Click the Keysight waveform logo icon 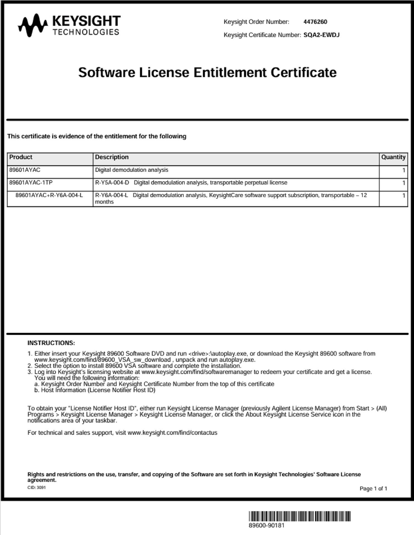coord(33,25)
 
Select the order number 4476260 coord(315,22)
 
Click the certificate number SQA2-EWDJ coord(321,35)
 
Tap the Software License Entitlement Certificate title coord(207,72)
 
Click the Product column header coord(21,157)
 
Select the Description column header coord(112,157)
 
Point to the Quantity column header coord(393,157)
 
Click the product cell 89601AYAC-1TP coord(31,183)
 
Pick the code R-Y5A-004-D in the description coord(112,183)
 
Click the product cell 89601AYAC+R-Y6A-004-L coord(49,195)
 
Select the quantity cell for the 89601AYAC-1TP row coord(403,183)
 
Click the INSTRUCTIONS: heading coord(51,343)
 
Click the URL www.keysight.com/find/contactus coord(172,433)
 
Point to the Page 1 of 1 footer coord(373,488)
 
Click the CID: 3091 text coord(37,488)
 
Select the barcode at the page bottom coord(300,516)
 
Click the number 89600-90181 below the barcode coord(266,526)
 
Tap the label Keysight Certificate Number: coord(262,35)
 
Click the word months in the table coord(104,202)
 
